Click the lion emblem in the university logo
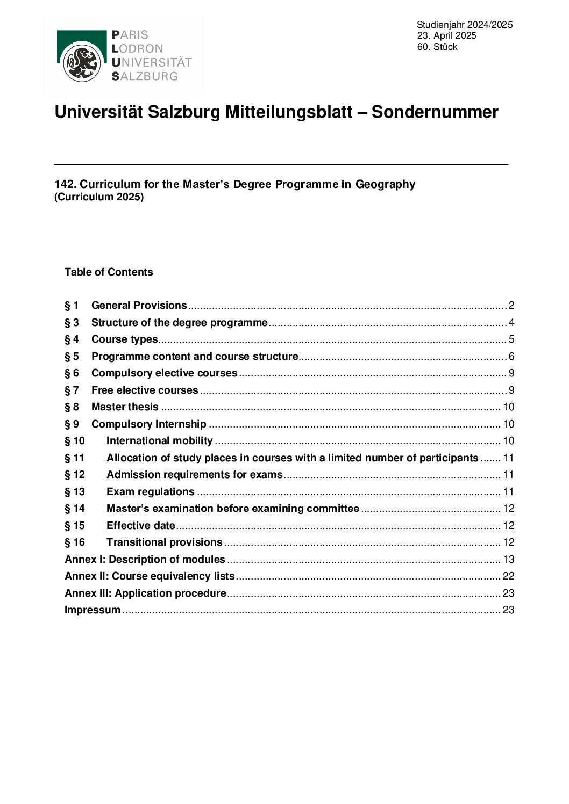81,63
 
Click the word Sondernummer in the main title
435,112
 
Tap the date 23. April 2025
446,36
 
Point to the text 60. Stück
437,47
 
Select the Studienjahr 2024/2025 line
464,25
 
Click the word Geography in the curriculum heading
385,184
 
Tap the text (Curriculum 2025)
99,197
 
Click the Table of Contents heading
109,272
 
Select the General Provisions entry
139,306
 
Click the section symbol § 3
72,323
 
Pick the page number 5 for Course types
511,339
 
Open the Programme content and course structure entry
194,357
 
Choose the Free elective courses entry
145,390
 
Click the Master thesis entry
125,407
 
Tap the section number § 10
75,441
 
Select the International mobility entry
159,441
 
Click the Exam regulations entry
150,492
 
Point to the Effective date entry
140,526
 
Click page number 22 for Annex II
508,576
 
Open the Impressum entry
93,610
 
